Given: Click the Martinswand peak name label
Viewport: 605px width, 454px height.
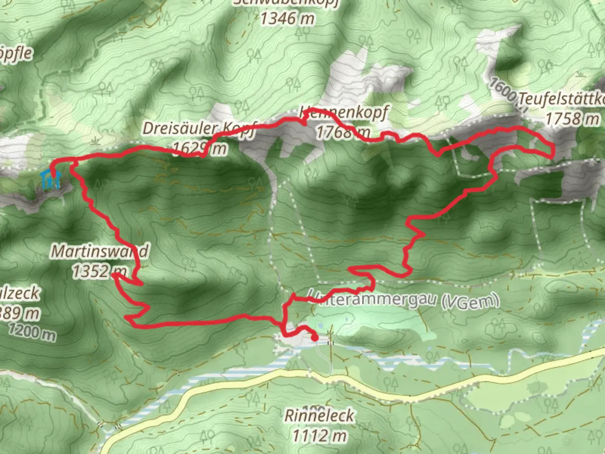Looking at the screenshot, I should coord(100,251).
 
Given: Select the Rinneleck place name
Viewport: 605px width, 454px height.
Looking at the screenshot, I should coord(319,416).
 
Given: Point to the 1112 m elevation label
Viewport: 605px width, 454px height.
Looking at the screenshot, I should coord(319,436).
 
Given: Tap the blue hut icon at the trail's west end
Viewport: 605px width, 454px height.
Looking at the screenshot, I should coord(51,180).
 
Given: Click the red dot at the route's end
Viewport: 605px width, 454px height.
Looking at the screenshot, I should coord(314,337).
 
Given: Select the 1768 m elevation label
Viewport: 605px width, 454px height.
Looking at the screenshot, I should coord(342,132).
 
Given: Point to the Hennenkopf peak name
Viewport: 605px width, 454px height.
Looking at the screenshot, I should coord(344,113).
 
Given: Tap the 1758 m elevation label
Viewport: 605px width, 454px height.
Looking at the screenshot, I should coord(572,119).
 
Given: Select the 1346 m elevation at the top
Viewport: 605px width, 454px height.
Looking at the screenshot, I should coord(287,18).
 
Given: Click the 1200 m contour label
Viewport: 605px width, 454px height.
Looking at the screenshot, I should coord(32,333).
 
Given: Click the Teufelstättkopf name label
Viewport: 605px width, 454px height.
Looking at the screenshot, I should coord(561,99).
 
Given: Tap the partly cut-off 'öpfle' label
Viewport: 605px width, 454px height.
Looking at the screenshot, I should coord(15,54).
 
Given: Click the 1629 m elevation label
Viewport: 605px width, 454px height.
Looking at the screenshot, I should coord(199,148).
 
